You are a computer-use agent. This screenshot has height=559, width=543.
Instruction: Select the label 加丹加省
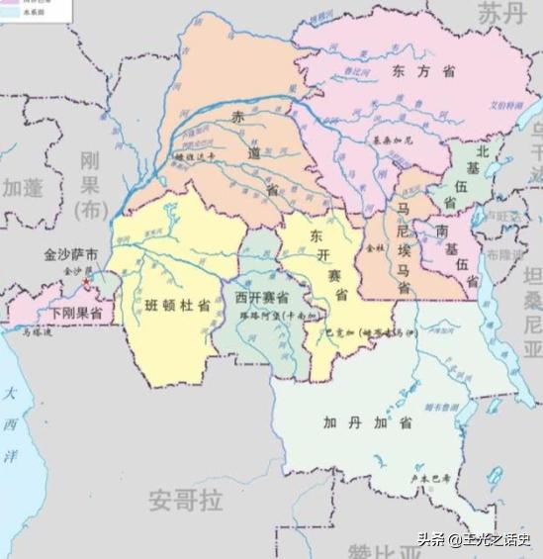tap(354, 423)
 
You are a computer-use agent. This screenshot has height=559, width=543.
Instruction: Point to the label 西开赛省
tap(261, 297)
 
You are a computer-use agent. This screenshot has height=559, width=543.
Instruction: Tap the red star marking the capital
tap(86, 283)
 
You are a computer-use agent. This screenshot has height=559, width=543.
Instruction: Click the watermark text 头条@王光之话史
tap(473, 539)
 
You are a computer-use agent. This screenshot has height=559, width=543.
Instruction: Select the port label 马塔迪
tap(36, 335)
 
